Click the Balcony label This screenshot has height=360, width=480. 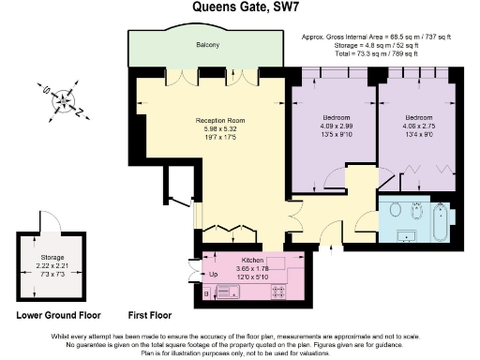[208, 45]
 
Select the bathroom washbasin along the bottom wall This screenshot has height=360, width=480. [410, 233]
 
